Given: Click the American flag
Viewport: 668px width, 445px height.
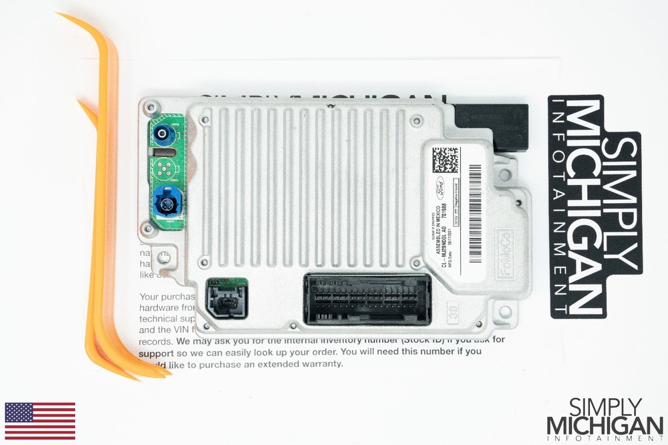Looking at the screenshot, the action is point(40,421).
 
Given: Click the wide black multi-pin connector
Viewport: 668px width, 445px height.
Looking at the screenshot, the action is point(367,299).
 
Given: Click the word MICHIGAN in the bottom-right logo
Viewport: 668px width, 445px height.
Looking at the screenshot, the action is point(605,426).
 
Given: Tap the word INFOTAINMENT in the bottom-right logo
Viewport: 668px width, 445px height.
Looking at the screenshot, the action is point(605,438).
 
